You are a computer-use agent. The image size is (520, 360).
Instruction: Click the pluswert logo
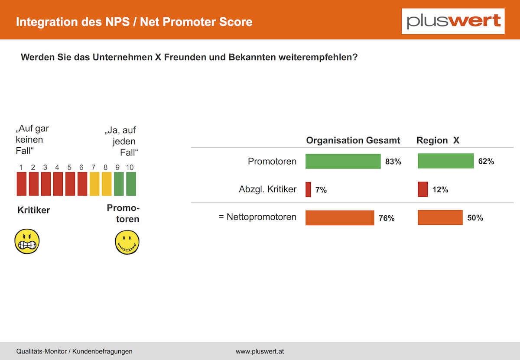coord(453,21)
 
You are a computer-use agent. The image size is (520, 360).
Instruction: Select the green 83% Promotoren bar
coord(343,161)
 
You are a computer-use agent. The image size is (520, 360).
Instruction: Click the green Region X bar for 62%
coord(446,161)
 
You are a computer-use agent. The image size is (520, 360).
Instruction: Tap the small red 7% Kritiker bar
coord(308,190)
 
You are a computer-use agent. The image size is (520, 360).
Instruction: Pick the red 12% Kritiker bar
coord(423,189)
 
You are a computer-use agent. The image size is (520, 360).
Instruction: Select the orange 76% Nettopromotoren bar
coord(340,218)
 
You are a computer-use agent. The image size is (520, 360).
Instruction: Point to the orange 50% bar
coord(440,217)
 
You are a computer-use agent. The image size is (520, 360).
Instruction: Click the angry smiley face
coord(27,241)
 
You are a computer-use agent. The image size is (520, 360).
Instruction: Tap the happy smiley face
coord(127,242)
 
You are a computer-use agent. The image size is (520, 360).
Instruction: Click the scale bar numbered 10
coord(131,184)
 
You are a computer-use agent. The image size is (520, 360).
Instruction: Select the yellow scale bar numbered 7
coord(94,184)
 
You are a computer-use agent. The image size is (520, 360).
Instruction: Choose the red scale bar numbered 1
coord(22,184)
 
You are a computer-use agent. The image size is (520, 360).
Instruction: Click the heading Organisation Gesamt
coord(353,140)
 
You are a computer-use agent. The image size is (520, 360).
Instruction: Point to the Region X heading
coord(438,140)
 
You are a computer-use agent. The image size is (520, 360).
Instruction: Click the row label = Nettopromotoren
coord(257,217)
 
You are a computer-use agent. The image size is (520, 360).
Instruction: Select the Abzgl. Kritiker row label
coord(267,189)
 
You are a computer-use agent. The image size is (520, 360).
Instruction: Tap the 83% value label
coord(393,162)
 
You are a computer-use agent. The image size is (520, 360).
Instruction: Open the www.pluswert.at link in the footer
coord(260,351)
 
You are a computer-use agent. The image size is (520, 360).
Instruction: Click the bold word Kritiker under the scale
coord(34,210)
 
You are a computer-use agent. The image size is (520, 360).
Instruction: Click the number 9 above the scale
coord(117,167)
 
